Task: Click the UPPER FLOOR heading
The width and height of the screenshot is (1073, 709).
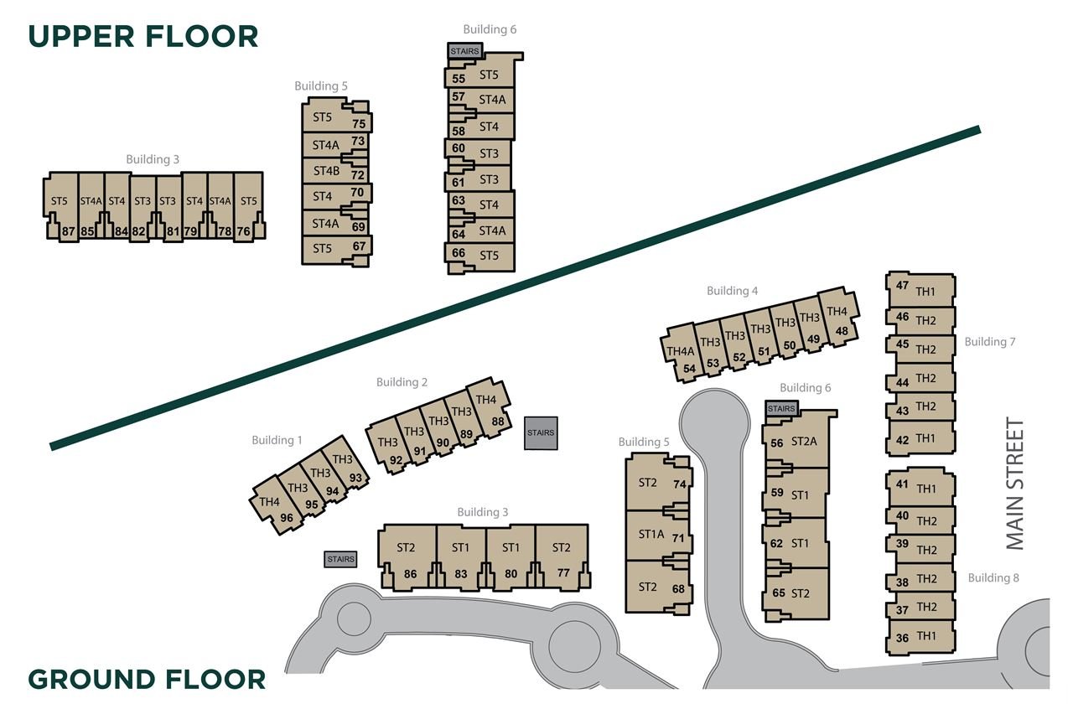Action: point(143,36)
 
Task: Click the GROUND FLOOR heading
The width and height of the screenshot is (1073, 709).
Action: point(147,680)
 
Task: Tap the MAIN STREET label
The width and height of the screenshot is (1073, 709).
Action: point(1015,484)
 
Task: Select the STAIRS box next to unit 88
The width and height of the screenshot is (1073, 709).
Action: point(541,433)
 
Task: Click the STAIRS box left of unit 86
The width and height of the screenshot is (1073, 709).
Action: point(340,559)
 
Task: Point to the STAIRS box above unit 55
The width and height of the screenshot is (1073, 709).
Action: point(464,51)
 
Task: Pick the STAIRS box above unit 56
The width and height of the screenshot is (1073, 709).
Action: point(781,409)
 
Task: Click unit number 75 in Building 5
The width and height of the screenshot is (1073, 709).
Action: point(359,123)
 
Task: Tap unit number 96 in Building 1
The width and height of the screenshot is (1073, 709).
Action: point(287,518)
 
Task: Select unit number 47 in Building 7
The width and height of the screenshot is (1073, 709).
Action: point(903,286)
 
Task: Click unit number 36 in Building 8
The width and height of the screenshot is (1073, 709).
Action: point(903,638)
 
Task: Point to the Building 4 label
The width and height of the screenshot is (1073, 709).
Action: point(733,291)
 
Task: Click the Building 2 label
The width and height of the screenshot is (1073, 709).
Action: point(402,382)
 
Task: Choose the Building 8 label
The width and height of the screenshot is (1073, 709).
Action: point(993,577)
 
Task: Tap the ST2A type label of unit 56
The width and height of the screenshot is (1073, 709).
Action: point(804,441)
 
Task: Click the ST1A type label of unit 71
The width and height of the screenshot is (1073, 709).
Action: point(651,534)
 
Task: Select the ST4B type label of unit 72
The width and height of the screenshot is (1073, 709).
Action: point(326,170)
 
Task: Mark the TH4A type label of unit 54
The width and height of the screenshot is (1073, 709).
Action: point(680,351)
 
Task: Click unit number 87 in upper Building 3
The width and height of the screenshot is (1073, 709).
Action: point(69,232)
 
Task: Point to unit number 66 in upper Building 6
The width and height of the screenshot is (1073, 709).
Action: point(459,252)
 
